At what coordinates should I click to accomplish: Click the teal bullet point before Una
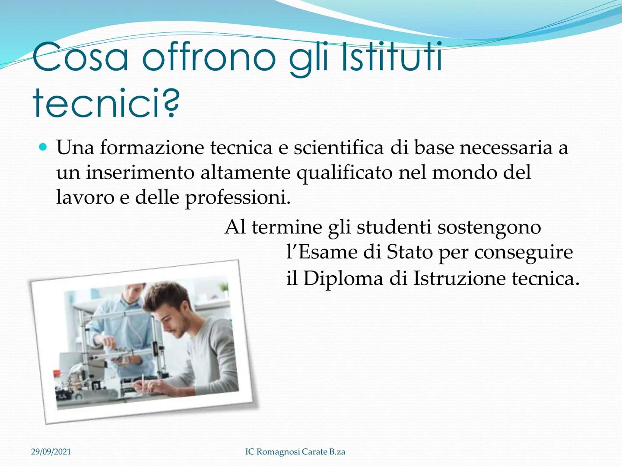[42, 148]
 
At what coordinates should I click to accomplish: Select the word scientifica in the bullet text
[338, 148]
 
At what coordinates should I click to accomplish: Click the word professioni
[238, 198]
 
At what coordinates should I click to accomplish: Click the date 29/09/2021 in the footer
[51, 452]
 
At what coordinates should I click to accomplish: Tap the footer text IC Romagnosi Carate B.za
[295, 452]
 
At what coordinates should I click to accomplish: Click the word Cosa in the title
[80, 57]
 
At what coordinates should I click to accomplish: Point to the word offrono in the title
[209, 57]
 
